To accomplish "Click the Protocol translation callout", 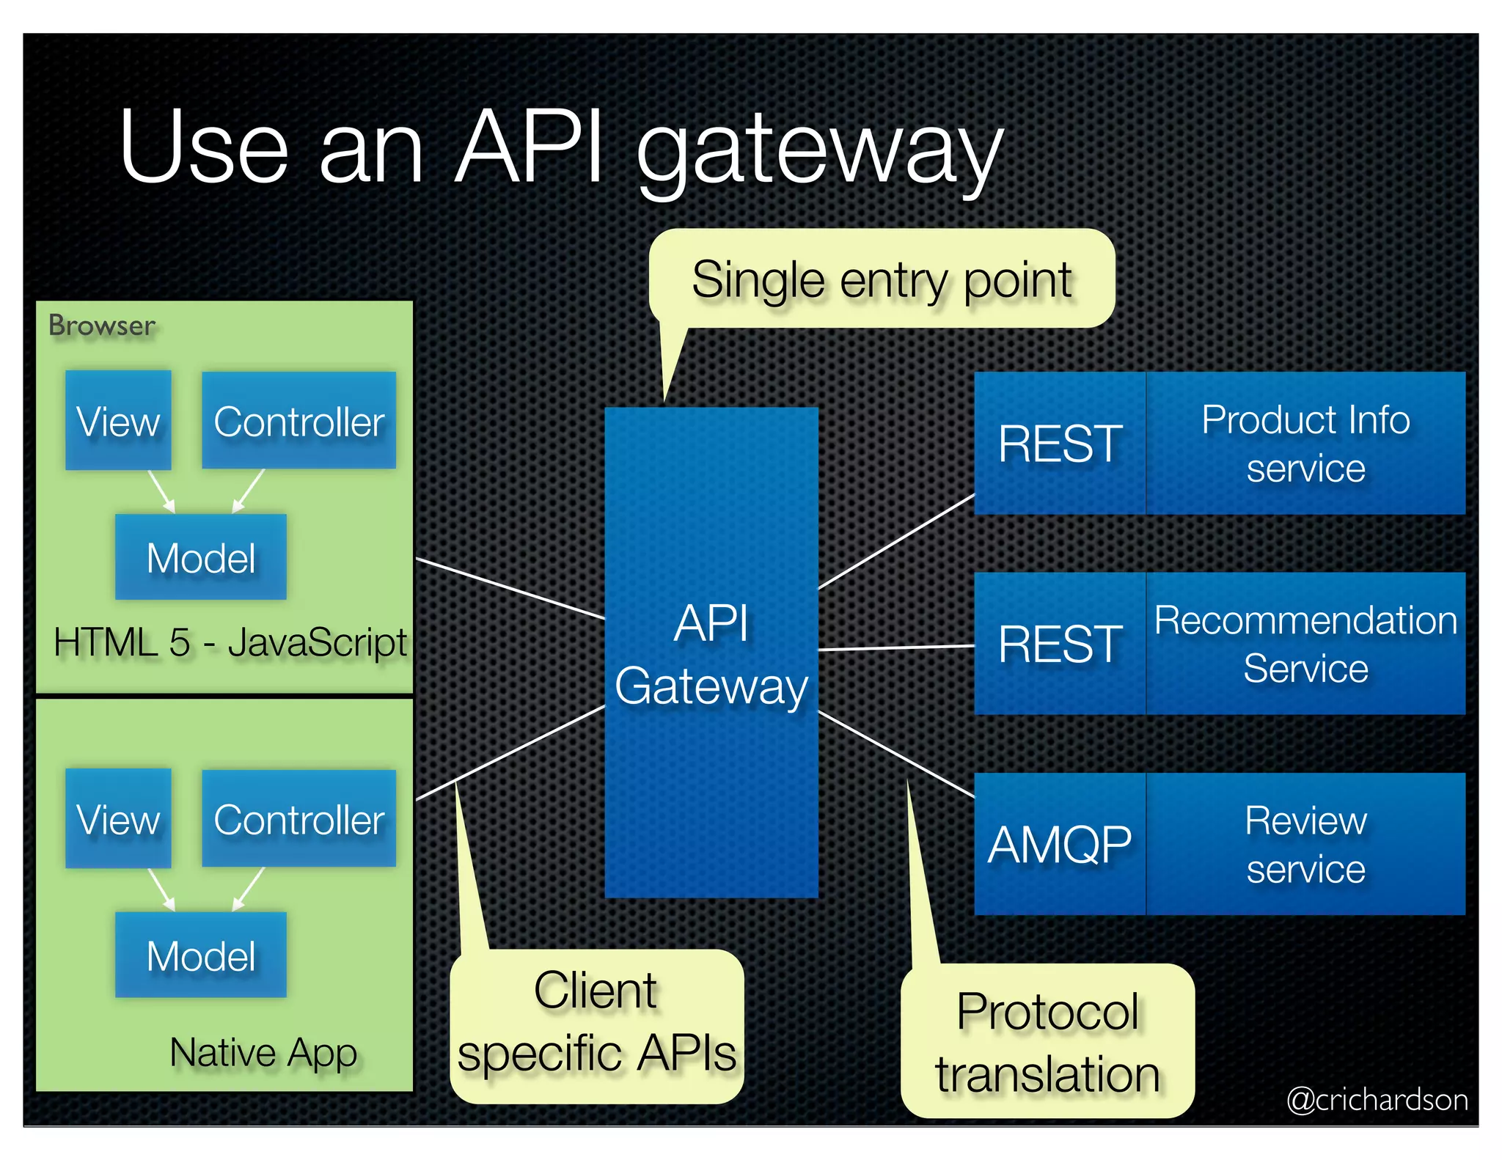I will click(x=1047, y=1041).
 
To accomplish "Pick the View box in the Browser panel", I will click(x=118, y=420).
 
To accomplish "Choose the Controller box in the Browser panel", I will click(x=298, y=420).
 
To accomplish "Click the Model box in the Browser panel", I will click(x=200, y=557).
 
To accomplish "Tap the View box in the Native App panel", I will click(x=118, y=818).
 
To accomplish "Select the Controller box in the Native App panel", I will click(x=298, y=818).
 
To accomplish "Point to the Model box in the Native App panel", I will click(x=200, y=955).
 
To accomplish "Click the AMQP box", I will click(x=1059, y=844).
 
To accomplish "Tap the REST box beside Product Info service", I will click(x=1059, y=443).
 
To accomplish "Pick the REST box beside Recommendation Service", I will click(x=1059, y=644).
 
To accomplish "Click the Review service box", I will click(x=1305, y=844).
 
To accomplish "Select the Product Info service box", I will click(x=1305, y=443).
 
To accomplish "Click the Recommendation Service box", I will click(x=1305, y=644).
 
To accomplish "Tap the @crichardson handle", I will click(x=1377, y=1099).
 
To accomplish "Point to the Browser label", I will click(x=102, y=326).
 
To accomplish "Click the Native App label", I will click(x=263, y=1053).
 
